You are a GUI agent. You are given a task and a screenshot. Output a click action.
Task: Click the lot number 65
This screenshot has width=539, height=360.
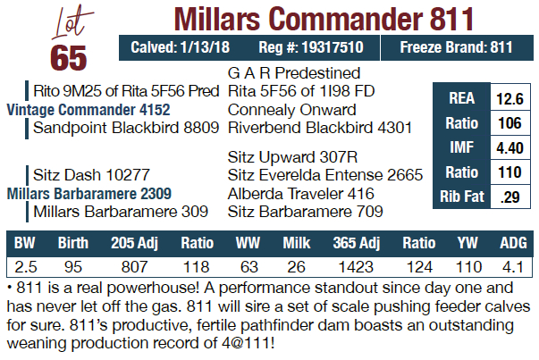[69, 55]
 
